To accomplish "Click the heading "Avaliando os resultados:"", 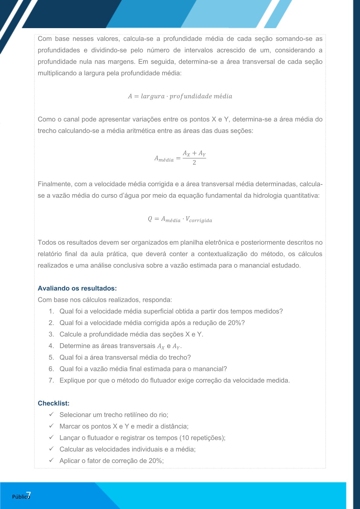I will pos(77,288).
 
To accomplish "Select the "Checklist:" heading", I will pos(54,403).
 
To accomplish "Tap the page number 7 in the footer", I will pos(28,495).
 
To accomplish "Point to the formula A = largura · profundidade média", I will pos(180,96).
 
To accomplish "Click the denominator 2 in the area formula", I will pos(194,163).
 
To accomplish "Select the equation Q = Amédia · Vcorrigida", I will pos(180,219).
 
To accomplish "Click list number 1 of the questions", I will pos(51,311).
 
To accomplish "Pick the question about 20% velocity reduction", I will pos(152,323).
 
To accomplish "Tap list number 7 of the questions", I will pos(51,380).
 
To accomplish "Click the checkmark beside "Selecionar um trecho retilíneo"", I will pos(51,414).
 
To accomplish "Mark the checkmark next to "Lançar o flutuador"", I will pos(51,437).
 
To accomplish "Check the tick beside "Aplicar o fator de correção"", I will pos(51,460).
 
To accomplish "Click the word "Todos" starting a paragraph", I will pos(46,242).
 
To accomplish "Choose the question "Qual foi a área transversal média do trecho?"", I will pos(125,357).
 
